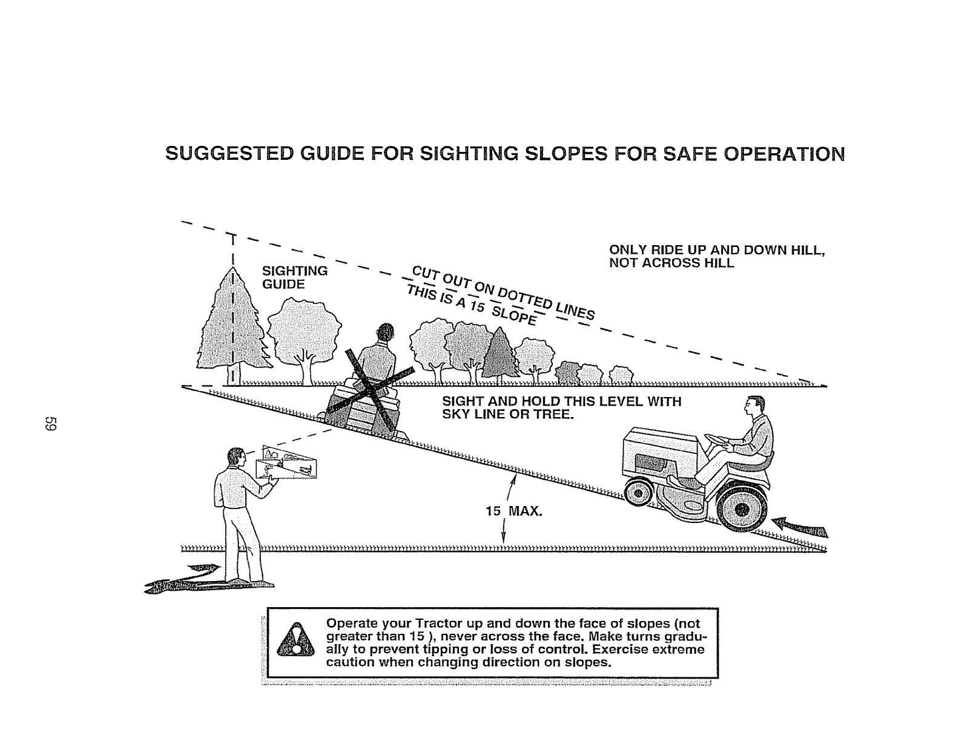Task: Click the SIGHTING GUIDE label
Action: point(294,277)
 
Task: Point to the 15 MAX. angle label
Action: point(514,511)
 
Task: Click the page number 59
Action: point(51,424)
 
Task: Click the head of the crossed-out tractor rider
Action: point(384,332)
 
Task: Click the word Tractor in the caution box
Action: point(436,623)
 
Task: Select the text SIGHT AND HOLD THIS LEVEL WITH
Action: point(561,401)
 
